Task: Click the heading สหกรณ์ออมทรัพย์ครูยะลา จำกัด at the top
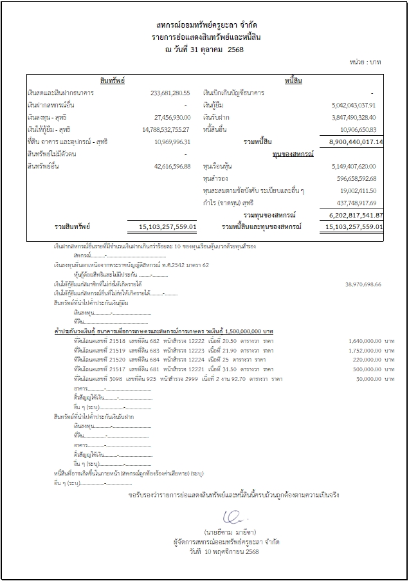tap(204, 24)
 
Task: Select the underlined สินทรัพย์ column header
tap(113, 80)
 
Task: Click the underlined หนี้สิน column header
tap(293, 80)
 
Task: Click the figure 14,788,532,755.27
tap(165, 129)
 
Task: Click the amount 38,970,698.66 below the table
tap(358, 284)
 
